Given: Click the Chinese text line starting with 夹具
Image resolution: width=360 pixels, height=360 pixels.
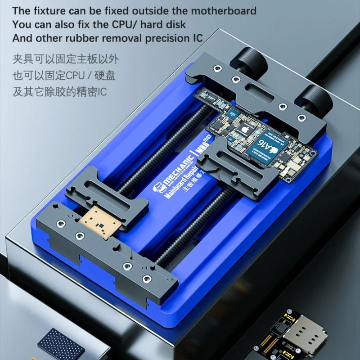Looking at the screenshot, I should pos(66,59).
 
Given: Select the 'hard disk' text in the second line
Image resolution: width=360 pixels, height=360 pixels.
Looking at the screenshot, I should pos(167,24).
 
